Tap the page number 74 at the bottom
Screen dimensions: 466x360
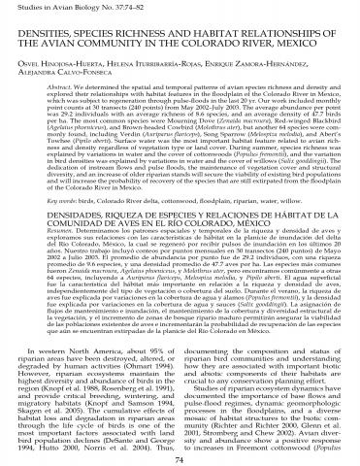tap(180, 455)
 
